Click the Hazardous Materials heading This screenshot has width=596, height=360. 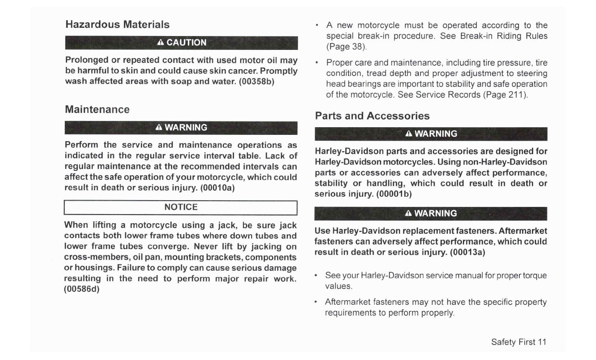click(x=117, y=24)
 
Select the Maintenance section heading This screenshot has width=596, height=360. click(x=97, y=109)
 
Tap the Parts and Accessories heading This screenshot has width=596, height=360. click(x=372, y=116)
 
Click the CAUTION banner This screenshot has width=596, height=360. click(x=181, y=42)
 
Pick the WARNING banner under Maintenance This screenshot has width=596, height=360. click(x=181, y=128)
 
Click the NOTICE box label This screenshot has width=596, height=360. click(x=181, y=207)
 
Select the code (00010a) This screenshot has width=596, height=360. click(x=217, y=187)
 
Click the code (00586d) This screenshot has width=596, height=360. click(x=82, y=289)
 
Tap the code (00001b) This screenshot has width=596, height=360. click(x=394, y=194)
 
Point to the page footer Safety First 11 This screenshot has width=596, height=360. click(x=519, y=342)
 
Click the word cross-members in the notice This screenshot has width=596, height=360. click(x=93, y=257)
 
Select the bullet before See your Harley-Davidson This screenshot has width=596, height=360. click(x=316, y=276)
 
